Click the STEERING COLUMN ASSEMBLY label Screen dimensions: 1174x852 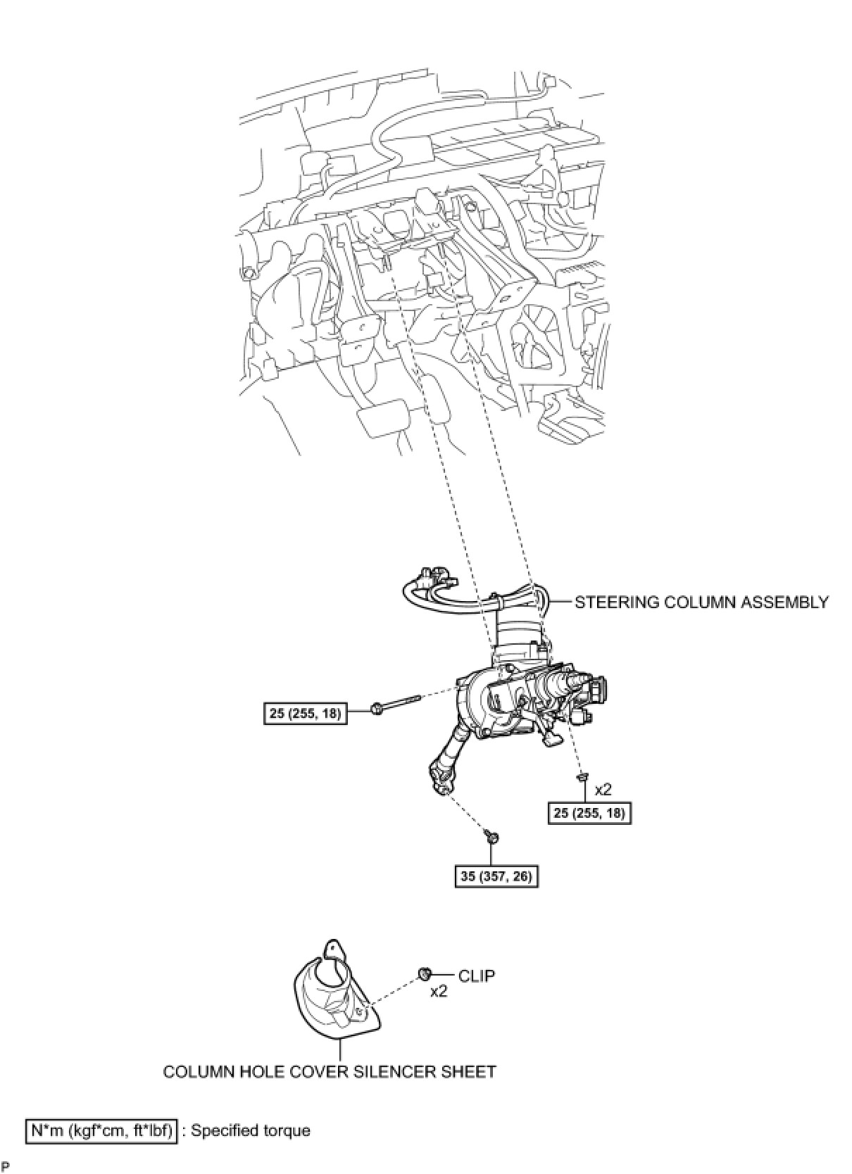click(701, 602)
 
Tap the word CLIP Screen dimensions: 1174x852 click(477, 976)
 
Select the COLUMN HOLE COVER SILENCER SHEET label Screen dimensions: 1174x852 click(330, 1071)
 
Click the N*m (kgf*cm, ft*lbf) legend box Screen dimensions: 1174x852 click(101, 1130)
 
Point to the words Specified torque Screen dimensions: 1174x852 click(251, 1131)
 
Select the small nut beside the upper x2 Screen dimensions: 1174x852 click(582, 777)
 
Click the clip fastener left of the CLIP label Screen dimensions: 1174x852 click(424, 974)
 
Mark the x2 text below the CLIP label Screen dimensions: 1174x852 click(439, 991)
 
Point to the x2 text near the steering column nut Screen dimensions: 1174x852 click(603, 790)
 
